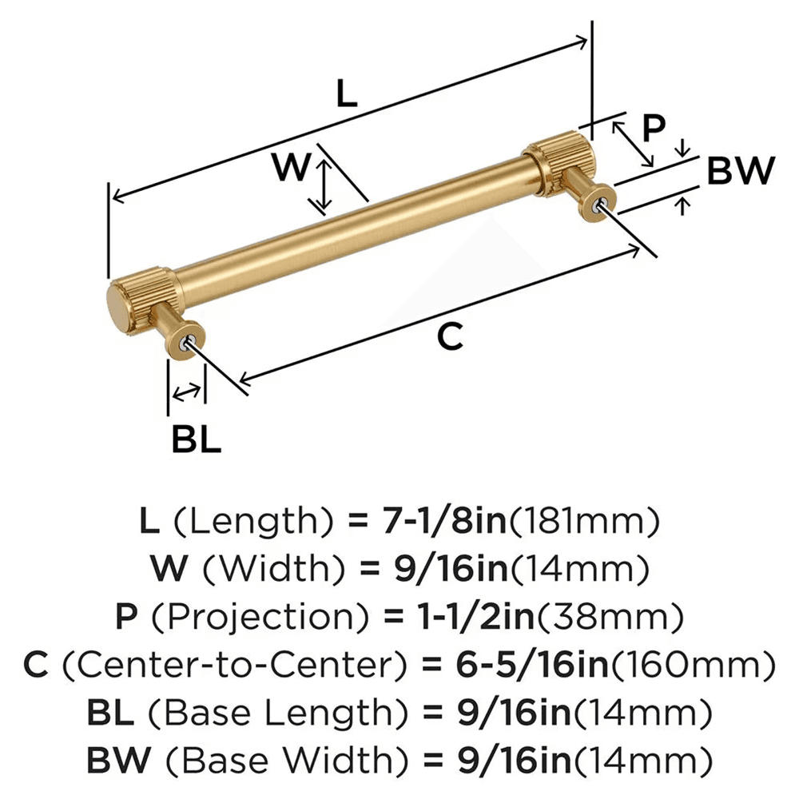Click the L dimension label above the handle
345,94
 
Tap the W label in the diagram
290,168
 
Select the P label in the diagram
654,128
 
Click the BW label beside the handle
741,170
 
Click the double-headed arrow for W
322,186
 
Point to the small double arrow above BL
187,392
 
